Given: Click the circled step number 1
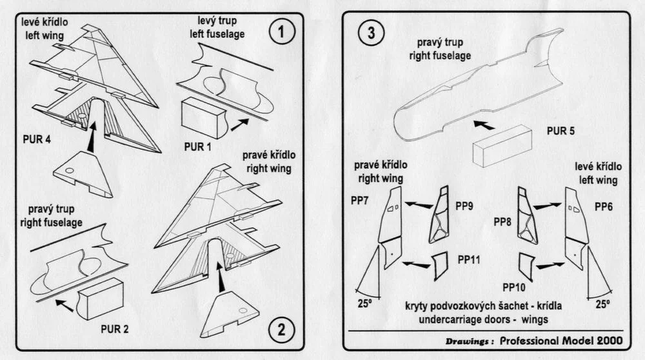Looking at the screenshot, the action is (x=282, y=32).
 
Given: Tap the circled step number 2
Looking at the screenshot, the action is (x=281, y=329).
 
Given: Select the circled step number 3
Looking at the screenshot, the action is (x=371, y=32).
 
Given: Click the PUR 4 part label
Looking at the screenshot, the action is (x=37, y=139).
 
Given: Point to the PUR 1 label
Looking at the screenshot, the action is (x=197, y=146).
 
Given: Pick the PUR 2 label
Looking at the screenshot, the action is (x=114, y=329).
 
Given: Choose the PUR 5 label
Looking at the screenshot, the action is (x=561, y=131).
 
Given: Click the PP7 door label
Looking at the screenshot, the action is (x=359, y=201).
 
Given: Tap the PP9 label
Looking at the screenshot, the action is (x=464, y=206).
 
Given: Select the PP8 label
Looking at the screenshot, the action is (x=502, y=222).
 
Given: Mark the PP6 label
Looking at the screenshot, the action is (x=604, y=206).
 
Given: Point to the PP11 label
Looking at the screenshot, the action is (x=469, y=259).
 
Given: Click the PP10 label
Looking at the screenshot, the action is (x=514, y=287).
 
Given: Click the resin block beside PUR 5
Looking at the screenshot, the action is (x=502, y=146).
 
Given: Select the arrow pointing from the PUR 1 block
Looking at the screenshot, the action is (x=240, y=125).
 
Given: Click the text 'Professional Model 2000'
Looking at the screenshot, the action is (x=561, y=341).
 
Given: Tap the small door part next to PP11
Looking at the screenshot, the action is (x=440, y=266).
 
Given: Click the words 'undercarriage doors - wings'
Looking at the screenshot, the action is (x=483, y=319).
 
